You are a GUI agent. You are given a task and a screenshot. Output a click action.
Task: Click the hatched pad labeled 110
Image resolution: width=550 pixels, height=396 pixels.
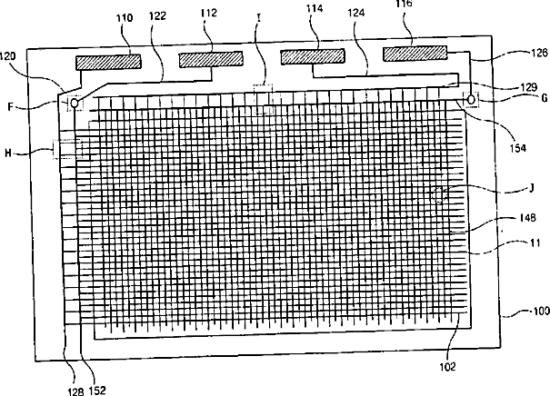point(108,62)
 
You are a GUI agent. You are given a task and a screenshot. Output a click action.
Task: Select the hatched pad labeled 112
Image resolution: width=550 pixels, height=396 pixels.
point(210,60)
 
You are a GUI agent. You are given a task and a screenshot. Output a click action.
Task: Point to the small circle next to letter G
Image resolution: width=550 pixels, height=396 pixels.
point(470,98)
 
